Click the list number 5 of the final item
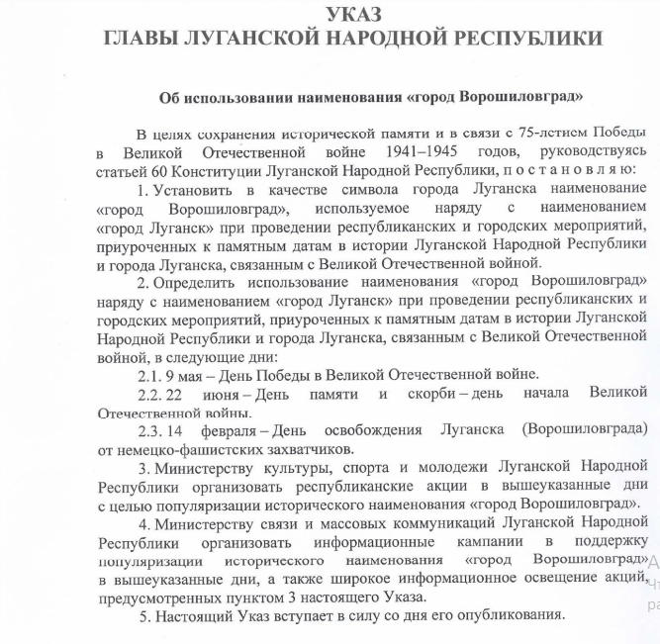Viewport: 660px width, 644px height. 143,616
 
